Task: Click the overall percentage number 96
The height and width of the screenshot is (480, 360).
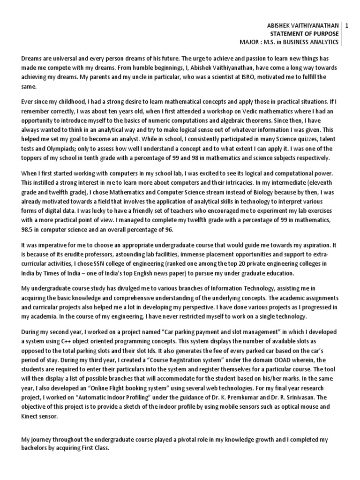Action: (168, 230)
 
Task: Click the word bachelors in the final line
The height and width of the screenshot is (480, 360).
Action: (36, 448)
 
